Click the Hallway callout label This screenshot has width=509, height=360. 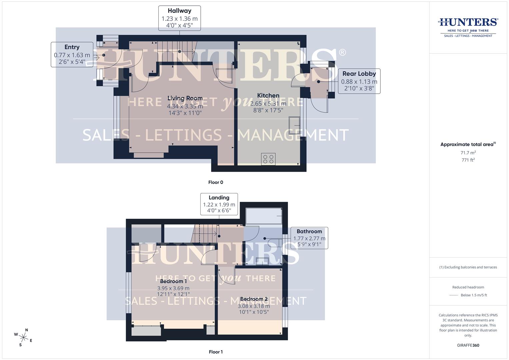179,18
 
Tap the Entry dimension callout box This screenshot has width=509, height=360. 72,55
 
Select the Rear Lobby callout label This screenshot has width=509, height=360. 359,81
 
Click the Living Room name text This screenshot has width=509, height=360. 185,98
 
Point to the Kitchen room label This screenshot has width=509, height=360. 268,96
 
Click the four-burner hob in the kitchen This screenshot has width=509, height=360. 268,159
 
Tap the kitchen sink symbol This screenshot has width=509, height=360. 294,125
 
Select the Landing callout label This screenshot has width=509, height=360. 219,204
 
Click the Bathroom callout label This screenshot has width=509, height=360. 309,238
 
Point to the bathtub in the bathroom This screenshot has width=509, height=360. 264,216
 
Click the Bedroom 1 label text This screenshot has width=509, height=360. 173,281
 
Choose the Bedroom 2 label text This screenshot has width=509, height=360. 254,299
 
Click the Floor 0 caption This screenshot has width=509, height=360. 216,182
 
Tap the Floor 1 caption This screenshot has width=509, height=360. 216,352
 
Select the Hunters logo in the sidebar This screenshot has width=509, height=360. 468,27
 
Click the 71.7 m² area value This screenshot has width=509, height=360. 468,153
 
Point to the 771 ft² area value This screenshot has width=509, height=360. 468,160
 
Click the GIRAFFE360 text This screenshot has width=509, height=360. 468,345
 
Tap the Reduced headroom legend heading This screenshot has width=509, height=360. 468,287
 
